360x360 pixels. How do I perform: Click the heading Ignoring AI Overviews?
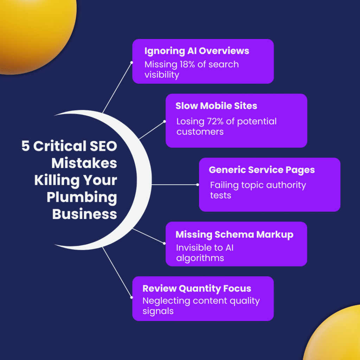coord(197,51)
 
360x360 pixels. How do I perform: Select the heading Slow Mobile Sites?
coord(216,105)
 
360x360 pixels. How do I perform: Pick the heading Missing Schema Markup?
coord(234,234)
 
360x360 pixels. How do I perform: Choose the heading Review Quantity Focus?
coord(197,289)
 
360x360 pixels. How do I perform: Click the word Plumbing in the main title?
coord(82,197)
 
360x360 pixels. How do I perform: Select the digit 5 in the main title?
coord(25,146)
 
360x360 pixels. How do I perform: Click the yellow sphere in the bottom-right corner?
coord(336,336)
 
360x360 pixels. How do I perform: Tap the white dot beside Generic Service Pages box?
coord(198,184)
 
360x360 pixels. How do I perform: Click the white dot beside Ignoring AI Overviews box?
coord(131,62)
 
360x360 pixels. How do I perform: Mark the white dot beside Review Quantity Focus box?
coord(131,297)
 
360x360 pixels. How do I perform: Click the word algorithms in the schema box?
coord(200,258)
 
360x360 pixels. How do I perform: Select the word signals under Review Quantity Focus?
coord(158,311)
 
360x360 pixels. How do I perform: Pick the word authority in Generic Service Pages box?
coord(279,185)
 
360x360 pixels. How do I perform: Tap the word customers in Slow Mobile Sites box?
coord(200,132)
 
